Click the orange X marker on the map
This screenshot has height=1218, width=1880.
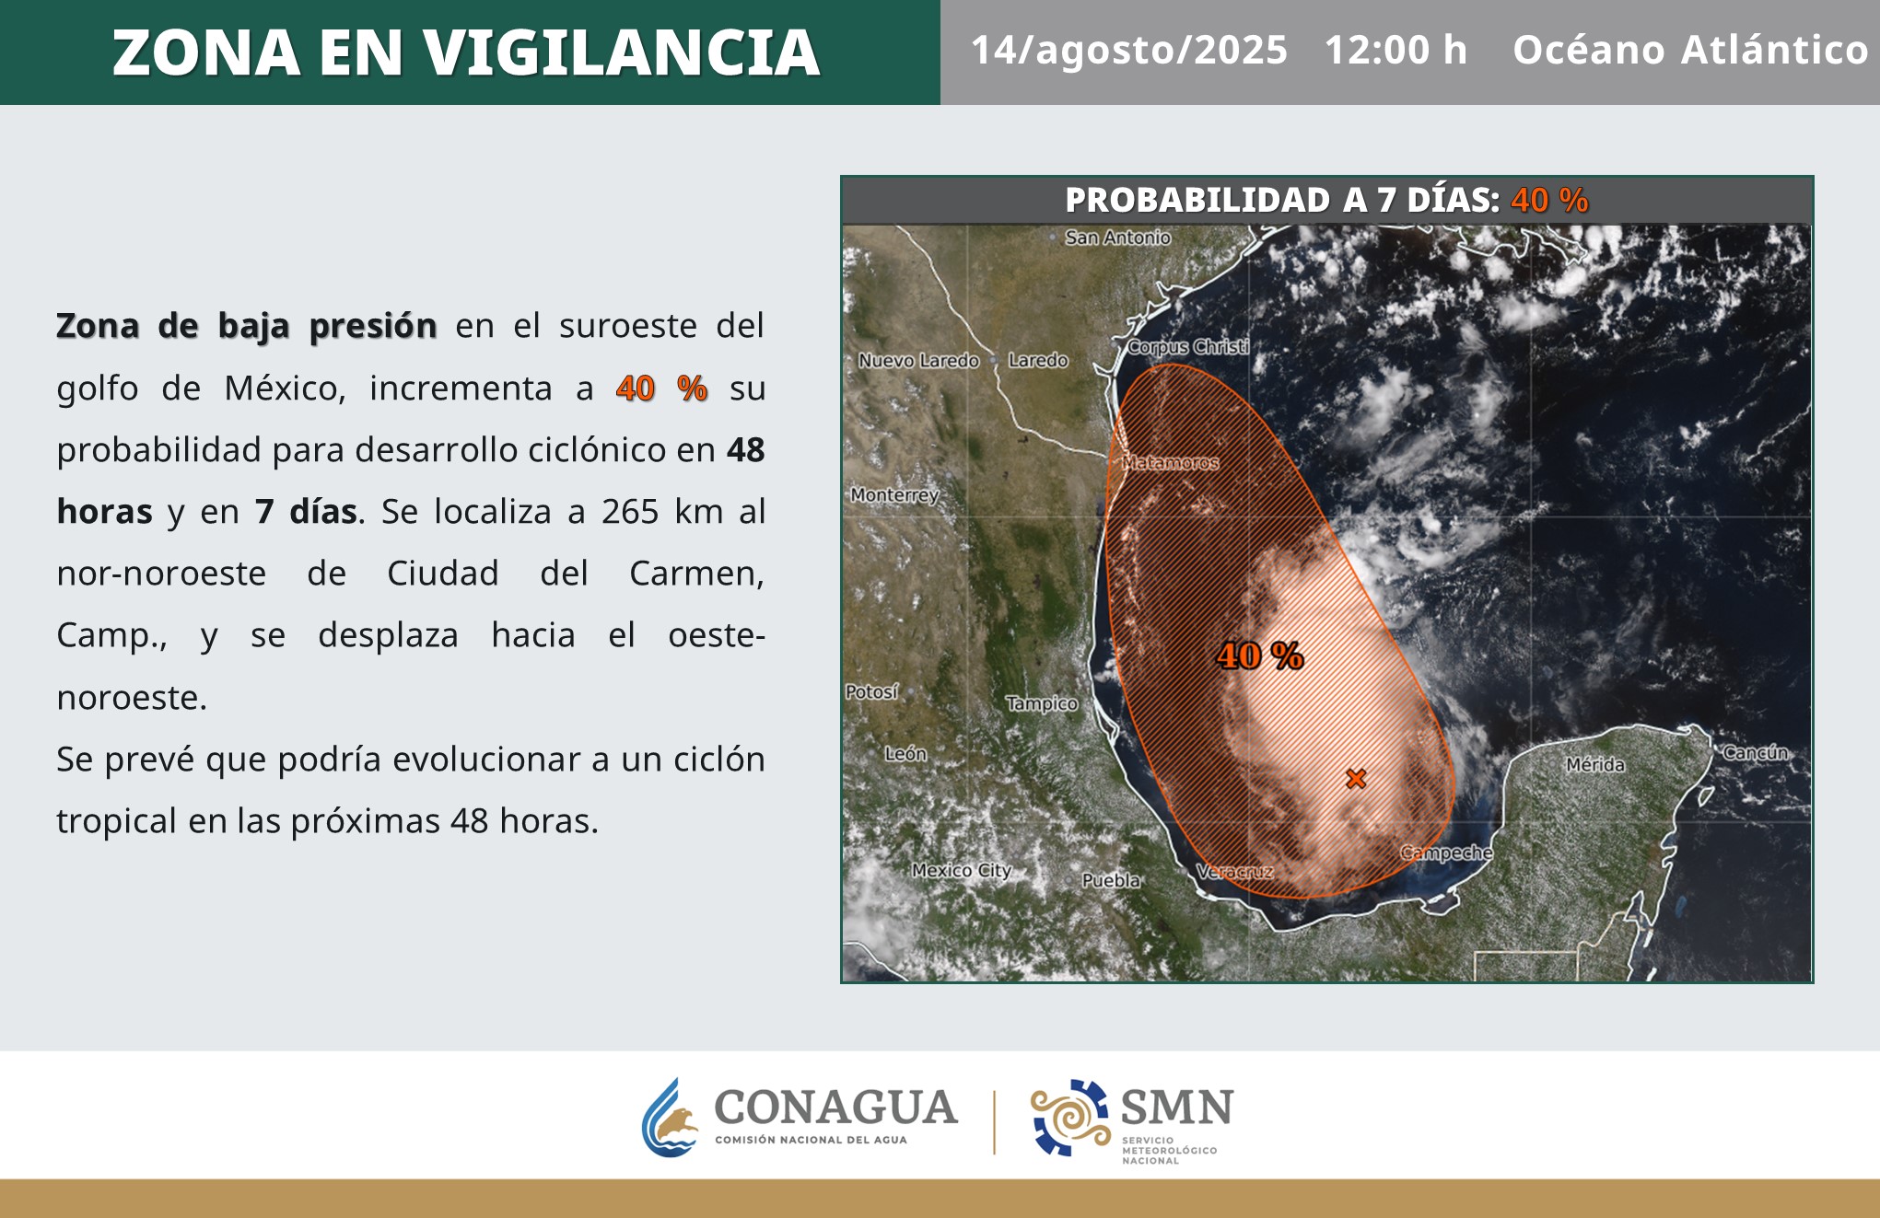[x=1355, y=779]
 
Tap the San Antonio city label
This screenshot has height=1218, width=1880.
[x=1117, y=238]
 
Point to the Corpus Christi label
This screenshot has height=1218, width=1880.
[x=1188, y=347]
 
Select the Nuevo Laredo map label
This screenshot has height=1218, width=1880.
[x=918, y=361]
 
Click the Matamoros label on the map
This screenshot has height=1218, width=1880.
[x=1171, y=462]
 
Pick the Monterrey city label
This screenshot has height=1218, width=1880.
[x=894, y=495]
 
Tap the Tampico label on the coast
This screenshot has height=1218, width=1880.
[x=1042, y=703]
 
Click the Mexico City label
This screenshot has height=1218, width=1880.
[x=962, y=870]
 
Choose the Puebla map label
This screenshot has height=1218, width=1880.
[x=1111, y=880]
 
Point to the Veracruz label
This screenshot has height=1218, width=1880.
[x=1234, y=871]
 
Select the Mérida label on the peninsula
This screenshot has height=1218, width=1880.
[x=1595, y=764]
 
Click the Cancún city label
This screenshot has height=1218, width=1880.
[x=1756, y=752]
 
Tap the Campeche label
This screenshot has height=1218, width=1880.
[x=1446, y=853]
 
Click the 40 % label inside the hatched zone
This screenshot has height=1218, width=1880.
[x=1260, y=656]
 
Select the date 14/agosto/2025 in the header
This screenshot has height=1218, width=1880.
[x=1129, y=51]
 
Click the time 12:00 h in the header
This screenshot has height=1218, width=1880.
[x=1395, y=50]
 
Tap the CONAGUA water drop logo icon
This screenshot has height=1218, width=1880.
[x=671, y=1118]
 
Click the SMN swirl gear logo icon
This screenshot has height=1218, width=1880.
[x=1070, y=1117]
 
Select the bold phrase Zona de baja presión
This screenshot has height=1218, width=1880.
[x=247, y=326]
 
